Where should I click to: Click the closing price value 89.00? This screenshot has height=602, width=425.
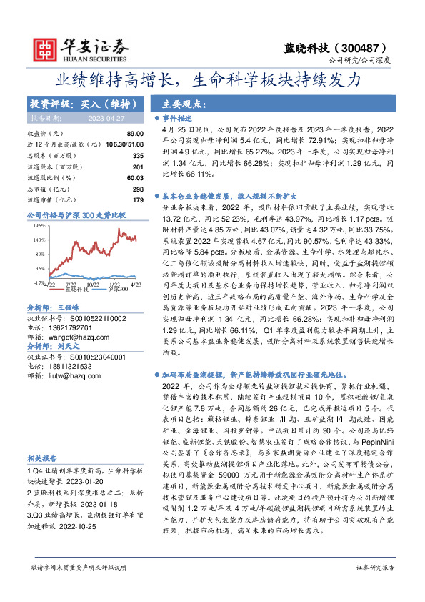tap(135, 134)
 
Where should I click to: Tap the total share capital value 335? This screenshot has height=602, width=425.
tap(138, 155)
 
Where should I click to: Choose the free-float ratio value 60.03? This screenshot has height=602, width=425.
tap(135, 177)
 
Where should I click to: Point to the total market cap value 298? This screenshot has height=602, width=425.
tap(138, 189)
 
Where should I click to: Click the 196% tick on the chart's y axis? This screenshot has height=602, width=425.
tap(39, 224)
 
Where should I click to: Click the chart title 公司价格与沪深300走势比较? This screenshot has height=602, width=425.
tap(76, 214)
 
